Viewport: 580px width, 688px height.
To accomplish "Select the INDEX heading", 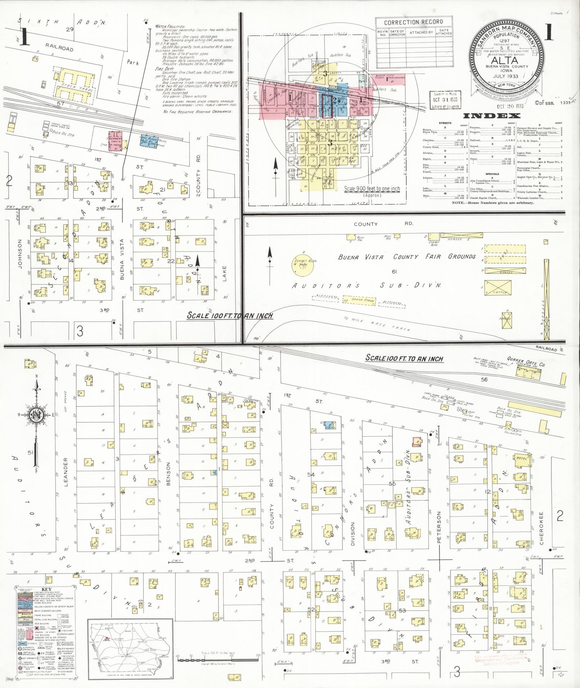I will [x=492, y=116].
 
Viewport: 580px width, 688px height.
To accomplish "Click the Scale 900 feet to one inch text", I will [x=372, y=188].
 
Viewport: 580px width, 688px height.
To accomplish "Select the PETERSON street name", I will [x=439, y=526].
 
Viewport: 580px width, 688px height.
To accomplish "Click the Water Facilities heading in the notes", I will [x=170, y=27].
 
